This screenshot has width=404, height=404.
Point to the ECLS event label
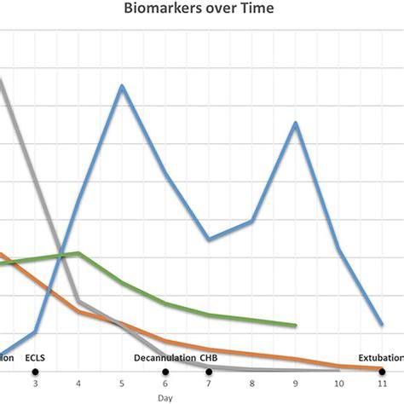pyautogui.click(x=36, y=359)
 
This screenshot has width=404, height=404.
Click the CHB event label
pyautogui.click(x=209, y=359)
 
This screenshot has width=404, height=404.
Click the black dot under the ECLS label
pyautogui.click(x=35, y=372)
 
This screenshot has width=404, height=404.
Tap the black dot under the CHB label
pyautogui.click(x=209, y=372)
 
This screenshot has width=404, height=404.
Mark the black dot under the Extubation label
pyautogui.click(x=383, y=372)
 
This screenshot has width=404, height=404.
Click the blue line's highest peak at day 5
pyautogui.click(x=122, y=86)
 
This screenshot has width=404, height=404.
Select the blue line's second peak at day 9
pyautogui.click(x=296, y=124)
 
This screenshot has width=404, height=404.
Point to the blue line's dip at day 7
pyautogui.click(x=209, y=240)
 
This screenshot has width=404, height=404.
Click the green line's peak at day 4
pyautogui.click(x=78, y=253)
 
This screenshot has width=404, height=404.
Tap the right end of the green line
pyautogui.click(x=296, y=326)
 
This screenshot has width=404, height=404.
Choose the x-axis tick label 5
pyautogui.click(x=122, y=384)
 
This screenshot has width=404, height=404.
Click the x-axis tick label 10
pyautogui.click(x=339, y=384)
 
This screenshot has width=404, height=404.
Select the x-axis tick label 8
pyautogui.click(x=252, y=384)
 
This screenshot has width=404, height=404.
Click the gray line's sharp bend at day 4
pyautogui.click(x=78, y=301)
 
